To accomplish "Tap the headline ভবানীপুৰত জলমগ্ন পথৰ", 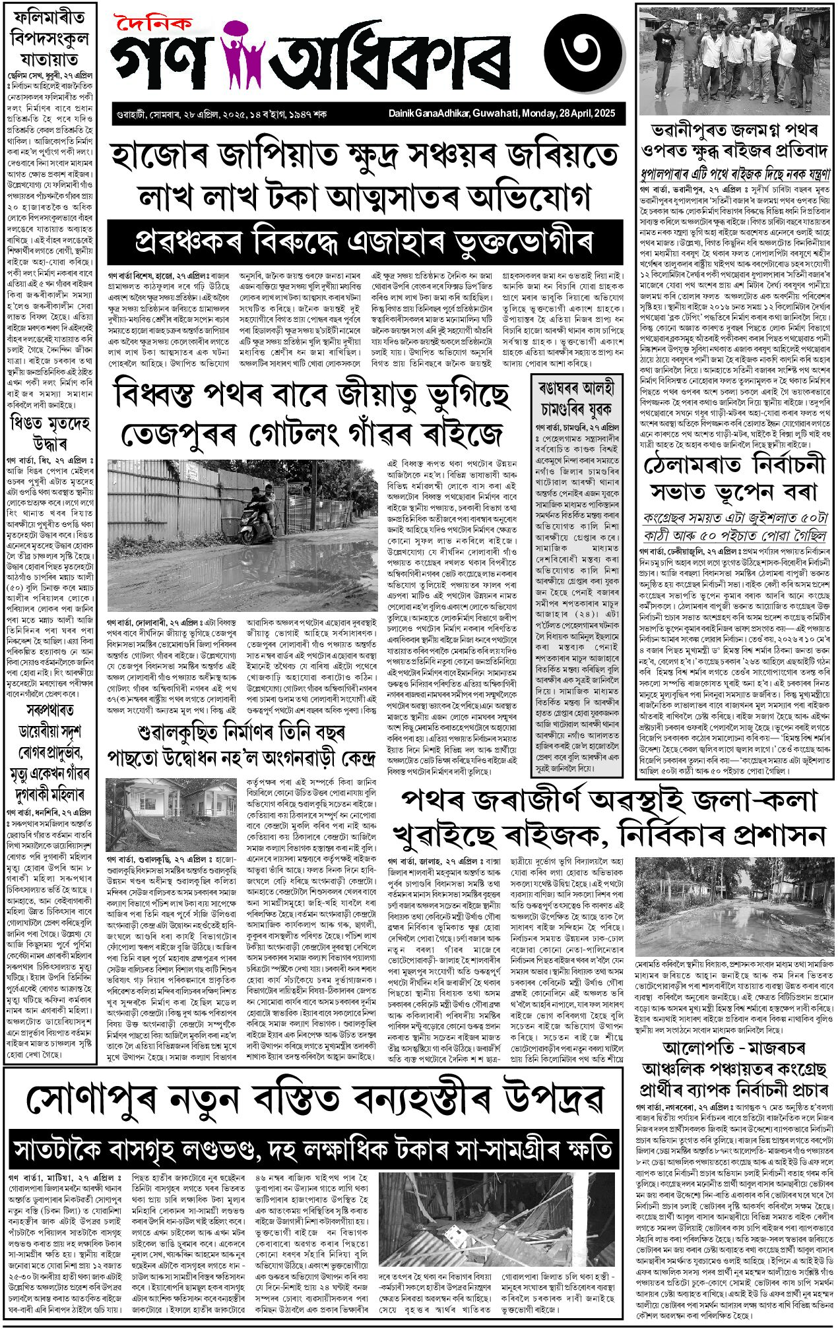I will pos(734,140).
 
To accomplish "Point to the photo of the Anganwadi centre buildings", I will pos(170,814).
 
